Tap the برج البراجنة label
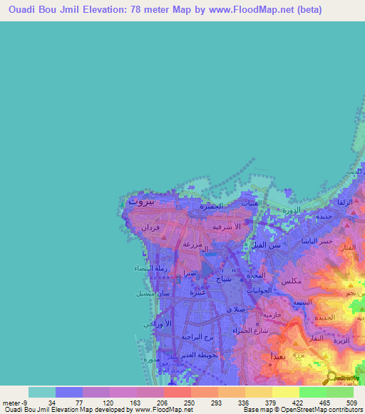pyautogui.click(x=197, y=336)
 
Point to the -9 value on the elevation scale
pyautogui.click(x=27, y=402)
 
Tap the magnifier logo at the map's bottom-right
pyautogui.click(x=332, y=376)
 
